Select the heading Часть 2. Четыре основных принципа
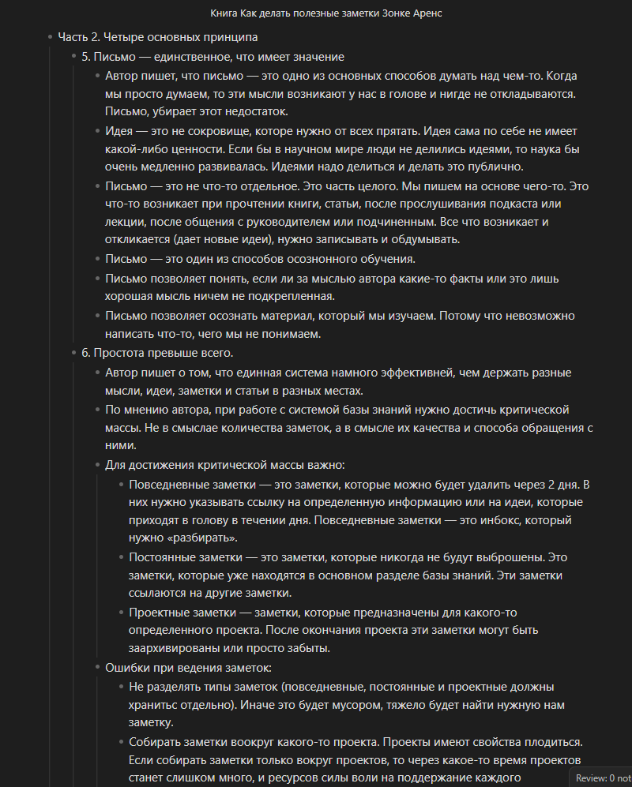[x=157, y=37]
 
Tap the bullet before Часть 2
[x=50, y=37]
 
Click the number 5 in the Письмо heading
[x=85, y=57]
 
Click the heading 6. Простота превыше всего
[x=157, y=353]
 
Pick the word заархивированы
[x=176, y=649]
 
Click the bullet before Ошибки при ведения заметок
[x=97, y=668]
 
